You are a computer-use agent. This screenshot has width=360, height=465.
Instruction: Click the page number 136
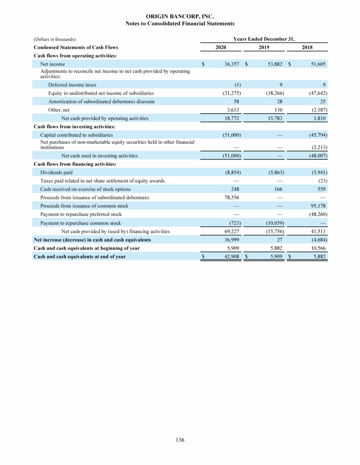point(180,440)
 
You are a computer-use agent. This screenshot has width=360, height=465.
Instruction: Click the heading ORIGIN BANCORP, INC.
point(180,16)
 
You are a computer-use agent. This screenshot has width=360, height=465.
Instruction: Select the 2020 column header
point(221,47)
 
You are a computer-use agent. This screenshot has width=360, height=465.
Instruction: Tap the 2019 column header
point(264,47)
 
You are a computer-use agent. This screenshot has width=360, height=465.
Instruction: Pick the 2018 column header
point(307,47)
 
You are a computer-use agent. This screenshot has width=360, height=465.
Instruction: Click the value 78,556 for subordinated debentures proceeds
point(232,198)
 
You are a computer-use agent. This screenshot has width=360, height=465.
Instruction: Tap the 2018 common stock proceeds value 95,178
point(317,206)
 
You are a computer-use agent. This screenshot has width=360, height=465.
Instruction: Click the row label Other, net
point(59,110)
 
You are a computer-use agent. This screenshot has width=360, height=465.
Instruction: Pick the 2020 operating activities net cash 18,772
point(232,118)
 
